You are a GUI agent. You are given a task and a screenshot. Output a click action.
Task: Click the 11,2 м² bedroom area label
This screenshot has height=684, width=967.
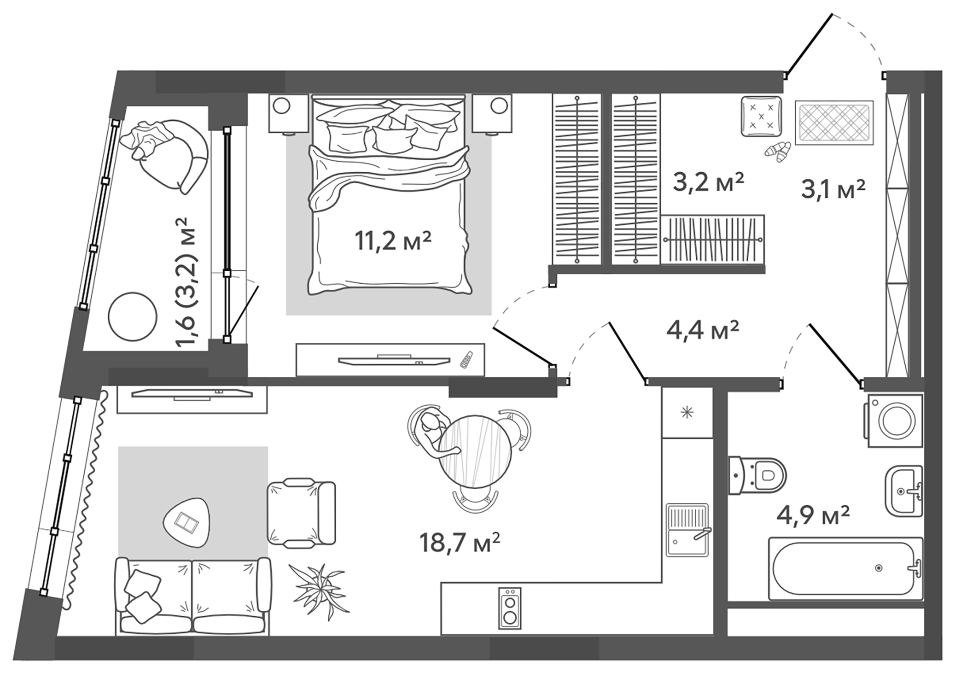tap(392, 241)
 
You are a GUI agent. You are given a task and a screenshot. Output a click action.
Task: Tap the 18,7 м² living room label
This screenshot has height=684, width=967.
tap(459, 543)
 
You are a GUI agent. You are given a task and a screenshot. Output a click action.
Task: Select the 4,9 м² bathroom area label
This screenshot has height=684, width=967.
tap(813, 515)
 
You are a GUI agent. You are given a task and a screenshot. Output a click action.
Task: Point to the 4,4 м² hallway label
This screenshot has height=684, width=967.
tap(702, 330)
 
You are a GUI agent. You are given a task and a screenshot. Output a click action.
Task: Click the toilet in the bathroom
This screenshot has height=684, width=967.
tap(757, 475)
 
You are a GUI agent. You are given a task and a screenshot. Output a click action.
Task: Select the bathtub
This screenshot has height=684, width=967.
tap(845, 568)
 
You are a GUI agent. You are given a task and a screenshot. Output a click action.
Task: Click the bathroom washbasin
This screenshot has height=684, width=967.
tap(903, 491)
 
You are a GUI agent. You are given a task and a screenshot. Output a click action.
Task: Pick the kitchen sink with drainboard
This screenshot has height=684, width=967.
tap(687, 530)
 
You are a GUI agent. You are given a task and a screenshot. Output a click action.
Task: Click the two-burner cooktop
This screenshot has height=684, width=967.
tap(510, 608)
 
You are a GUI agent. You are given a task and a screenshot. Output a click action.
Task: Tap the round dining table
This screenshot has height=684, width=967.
tap(475, 451)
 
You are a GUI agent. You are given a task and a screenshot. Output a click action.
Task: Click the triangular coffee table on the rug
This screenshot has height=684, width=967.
tap(186, 522)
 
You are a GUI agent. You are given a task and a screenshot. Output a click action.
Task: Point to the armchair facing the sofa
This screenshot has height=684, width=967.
tap(301, 513)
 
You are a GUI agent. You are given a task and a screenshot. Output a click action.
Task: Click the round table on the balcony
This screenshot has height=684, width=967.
tap(133, 317)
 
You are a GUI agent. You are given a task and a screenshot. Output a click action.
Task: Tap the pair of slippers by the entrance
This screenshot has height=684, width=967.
tap(779, 152)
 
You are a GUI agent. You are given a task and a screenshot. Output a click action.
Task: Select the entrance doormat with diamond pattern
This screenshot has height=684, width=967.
tap(834, 123)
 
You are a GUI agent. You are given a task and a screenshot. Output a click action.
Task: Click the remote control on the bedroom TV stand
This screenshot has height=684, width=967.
tap(466, 360)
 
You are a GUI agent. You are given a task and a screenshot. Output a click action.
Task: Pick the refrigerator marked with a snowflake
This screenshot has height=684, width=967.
tap(687, 412)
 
